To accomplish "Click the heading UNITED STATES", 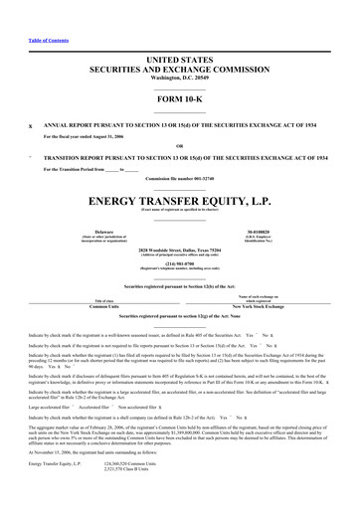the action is pyautogui.click(x=179, y=60).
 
